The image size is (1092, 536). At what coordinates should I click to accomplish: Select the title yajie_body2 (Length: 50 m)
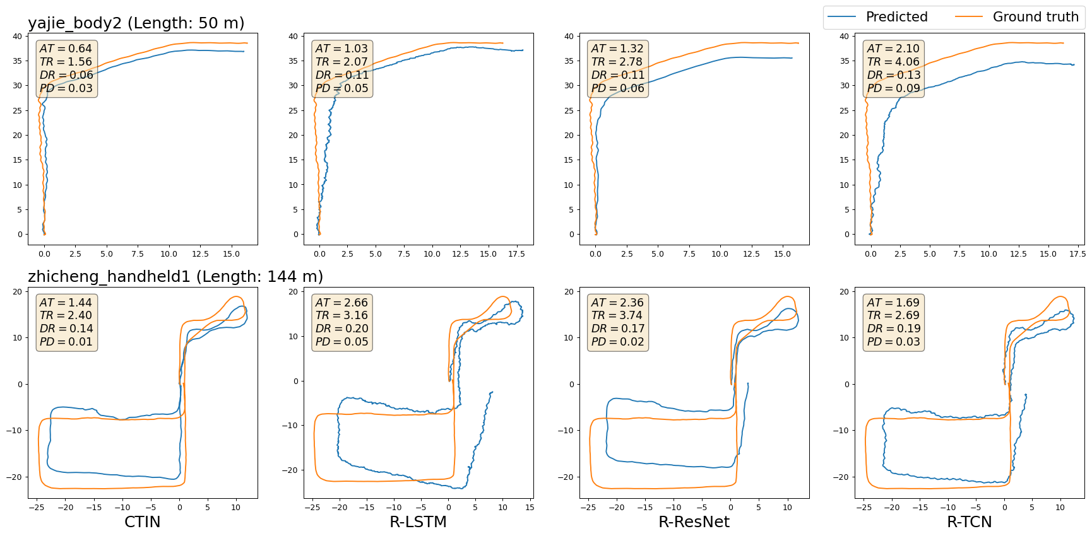[136, 23]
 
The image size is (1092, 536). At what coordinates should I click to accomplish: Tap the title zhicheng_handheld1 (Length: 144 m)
[175, 276]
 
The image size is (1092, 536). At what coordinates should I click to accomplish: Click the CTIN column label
[142, 522]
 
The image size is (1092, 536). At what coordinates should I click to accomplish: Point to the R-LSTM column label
[418, 522]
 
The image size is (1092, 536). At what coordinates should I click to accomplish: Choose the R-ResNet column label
[694, 522]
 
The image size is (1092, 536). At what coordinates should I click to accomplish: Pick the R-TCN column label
[969, 522]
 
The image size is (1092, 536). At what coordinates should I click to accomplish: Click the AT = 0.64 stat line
[66, 49]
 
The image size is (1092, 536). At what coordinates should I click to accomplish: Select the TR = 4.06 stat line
[893, 62]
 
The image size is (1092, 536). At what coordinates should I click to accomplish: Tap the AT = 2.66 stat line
[341, 303]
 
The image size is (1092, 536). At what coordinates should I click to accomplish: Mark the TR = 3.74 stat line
[617, 315]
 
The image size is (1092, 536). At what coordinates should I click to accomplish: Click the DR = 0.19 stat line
[893, 329]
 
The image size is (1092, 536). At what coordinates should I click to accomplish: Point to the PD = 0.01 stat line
[66, 342]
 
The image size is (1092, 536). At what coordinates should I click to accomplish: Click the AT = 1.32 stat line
[617, 49]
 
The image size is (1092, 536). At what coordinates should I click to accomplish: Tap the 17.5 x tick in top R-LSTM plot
[516, 254]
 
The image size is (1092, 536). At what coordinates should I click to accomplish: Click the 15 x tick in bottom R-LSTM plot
[530, 508]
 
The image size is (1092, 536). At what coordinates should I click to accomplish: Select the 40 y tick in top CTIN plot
[17, 37]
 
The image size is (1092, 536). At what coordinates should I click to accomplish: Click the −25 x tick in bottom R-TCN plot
[864, 508]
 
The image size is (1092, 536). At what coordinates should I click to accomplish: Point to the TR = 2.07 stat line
[341, 62]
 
